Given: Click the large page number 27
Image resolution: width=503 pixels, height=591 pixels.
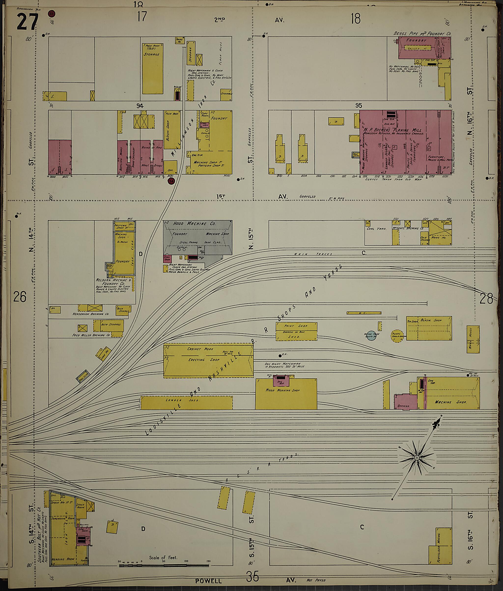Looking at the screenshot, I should (27, 21).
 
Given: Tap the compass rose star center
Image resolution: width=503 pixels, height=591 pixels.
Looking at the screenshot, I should (416, 458).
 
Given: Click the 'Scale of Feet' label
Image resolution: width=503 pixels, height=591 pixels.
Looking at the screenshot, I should (163, 557).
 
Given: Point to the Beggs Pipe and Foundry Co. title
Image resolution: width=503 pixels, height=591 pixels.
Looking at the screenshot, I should (422, 33).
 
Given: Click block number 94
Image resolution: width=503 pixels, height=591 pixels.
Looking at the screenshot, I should (140, 106).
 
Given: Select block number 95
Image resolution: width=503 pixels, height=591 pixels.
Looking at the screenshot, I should (359, 106).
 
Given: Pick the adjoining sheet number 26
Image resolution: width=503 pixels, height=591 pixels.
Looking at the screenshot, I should (20, 297).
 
